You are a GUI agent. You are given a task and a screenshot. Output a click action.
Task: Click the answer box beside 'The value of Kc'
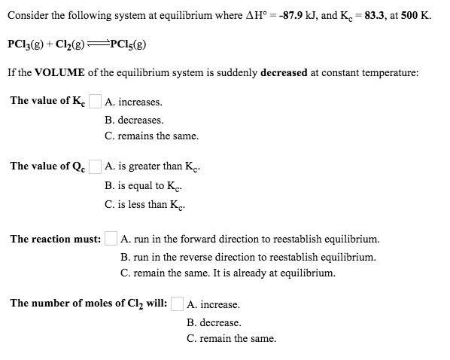95,101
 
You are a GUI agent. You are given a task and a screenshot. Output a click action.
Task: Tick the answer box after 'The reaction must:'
111,239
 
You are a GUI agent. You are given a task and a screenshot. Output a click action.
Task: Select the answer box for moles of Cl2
177,304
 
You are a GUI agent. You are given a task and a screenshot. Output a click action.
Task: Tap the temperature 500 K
418,16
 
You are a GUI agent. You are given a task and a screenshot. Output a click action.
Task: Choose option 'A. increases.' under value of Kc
134,102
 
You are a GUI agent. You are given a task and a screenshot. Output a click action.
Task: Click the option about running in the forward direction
250,239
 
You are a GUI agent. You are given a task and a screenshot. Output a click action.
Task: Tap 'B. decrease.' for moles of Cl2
214,322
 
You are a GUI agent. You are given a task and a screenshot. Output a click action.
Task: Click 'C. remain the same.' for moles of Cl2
231,339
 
